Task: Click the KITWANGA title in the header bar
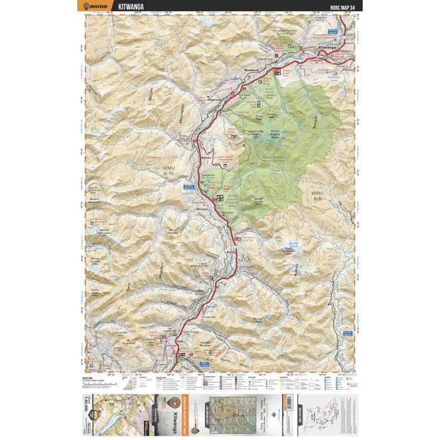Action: pos(131,7)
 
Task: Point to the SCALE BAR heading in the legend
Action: pos(87,378)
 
